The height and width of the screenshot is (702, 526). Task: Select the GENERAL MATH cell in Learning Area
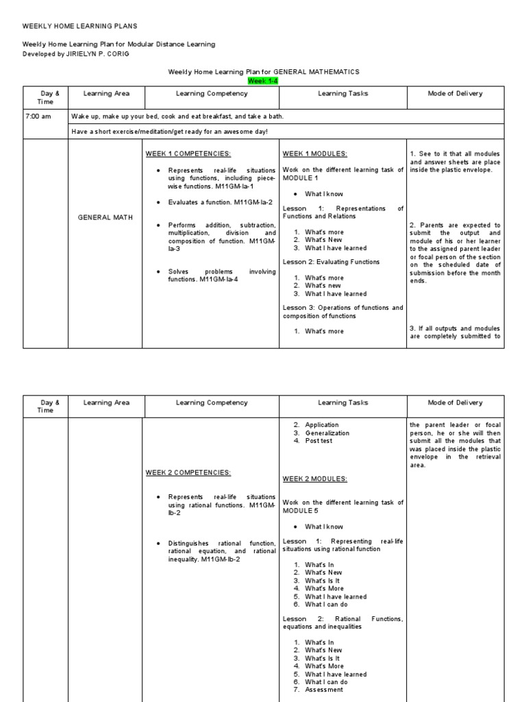pos(105,217)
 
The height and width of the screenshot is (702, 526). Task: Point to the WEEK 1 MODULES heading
pos(308,154)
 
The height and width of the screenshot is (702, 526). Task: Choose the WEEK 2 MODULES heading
pos(308,479)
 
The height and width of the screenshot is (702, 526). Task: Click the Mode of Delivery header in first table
pos(455,94)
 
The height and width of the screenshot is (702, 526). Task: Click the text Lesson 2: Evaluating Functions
pos(331,262)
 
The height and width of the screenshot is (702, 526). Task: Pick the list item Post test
pos(318,441)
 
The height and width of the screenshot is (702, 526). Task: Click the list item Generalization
pos(327,433)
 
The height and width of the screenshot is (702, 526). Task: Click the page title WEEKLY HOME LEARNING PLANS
pos(80,26)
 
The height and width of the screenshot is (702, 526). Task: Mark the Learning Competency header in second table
pos(212,403)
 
